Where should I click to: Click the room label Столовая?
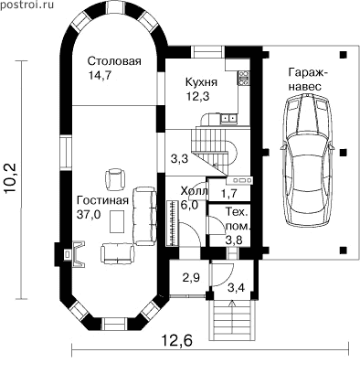tap(114, 61)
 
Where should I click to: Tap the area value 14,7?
tap(100, 75)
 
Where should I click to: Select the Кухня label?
tap(201, 82)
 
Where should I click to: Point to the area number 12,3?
tap(198, 96)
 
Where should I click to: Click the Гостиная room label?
tap(102, 200)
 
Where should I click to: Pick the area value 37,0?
tap(89, 215)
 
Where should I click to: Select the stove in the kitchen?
tap(244, 78)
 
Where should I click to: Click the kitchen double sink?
tap(229, 118)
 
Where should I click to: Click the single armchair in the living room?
tap(115, 179)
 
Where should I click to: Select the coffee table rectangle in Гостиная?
tap(117, 221)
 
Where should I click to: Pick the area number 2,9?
tap(192, 278)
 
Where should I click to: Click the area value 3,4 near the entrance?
tap(236, 287)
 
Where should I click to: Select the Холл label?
tap(194, 191)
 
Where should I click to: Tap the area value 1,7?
tap(229, 194)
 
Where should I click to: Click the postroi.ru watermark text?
tap(26, 5)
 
